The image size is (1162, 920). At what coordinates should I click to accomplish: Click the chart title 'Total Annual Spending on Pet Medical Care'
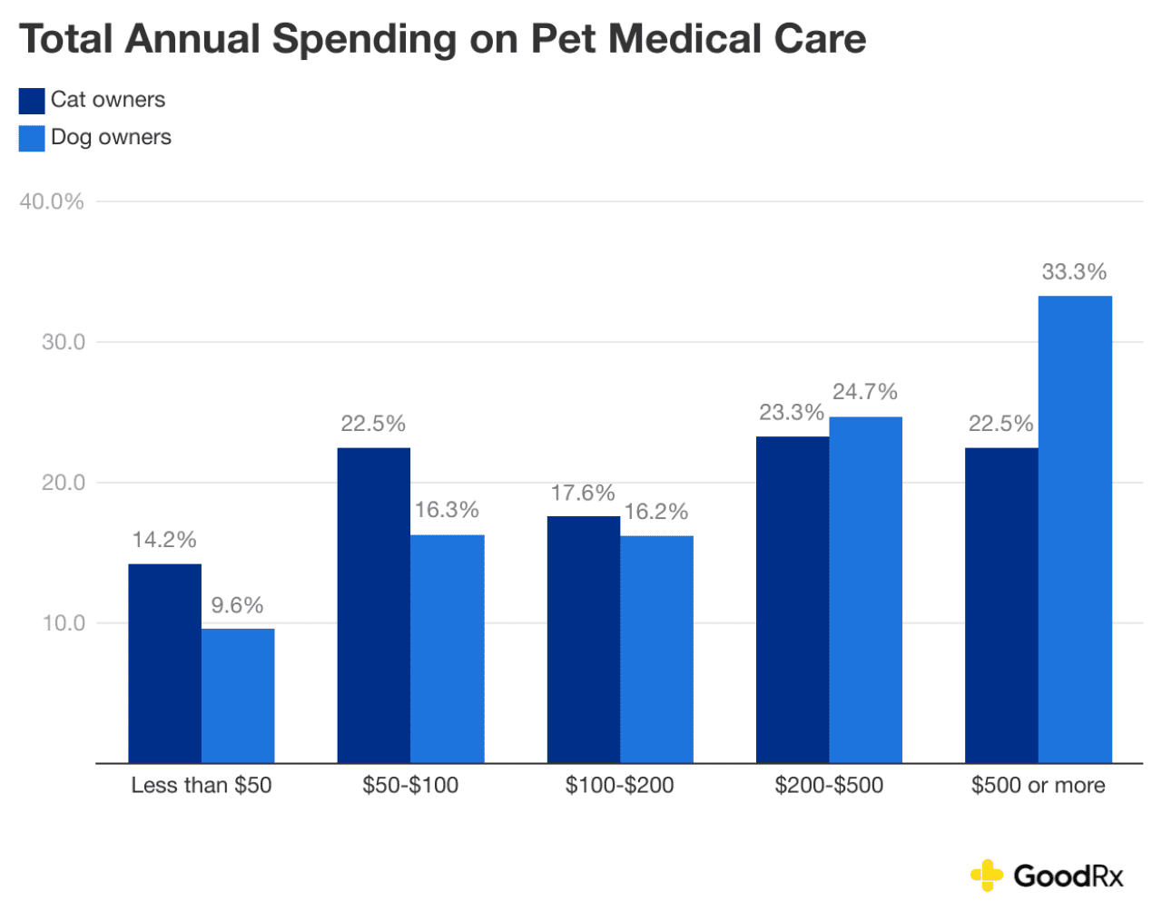pyautogui.click(x=442, y=40)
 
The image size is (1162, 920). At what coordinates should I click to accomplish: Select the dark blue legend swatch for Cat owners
pyautogui.click(x=32, y=100)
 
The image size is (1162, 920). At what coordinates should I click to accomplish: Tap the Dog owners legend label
pyautogui.click(x=111, y=137)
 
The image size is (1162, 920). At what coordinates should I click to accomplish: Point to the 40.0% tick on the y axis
pyautogui.click(x=52, y=201)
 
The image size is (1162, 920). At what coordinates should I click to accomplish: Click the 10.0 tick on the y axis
pyautogui.click(x=64, y=623)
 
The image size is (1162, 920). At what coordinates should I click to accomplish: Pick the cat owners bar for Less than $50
pyautogui.click(x=164, y=663)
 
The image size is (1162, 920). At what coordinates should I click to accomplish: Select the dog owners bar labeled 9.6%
pyautogui.click(x=238, y=695)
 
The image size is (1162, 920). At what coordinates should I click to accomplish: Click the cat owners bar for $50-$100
pyautogui.click(x=373, y=605)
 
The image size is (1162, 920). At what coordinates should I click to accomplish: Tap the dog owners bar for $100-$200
pyautogui.click(x=656, y=649)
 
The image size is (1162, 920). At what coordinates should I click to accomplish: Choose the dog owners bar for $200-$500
pyautogui.click(x=865, y=590)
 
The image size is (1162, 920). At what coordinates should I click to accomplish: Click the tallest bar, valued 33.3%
pyautogui.click(x=1075, y=529)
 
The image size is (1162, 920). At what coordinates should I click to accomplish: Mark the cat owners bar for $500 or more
pyautogui.click(x=1001, y=605)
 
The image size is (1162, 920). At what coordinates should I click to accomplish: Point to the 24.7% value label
pyautogui.click(x=865, y=392)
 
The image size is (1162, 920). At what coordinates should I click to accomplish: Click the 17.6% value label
pyautogui.click(x=583, y=493)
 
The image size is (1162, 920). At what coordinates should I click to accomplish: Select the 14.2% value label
pyautogui.click(x=164, y=540)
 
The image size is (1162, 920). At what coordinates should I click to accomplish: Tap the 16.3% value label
pyautogui.click(x=447, y=510)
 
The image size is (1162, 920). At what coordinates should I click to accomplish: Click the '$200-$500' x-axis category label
pyautogui.click(x=829, y=785)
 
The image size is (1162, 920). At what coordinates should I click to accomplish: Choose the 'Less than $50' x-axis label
pyautogui.click(x=202, y=785)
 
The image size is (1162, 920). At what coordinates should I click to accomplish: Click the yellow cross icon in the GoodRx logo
pyautogui.click(x=986, y=876)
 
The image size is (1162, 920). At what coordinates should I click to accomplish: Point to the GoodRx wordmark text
pyautogui.click(x=1068, y=876)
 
